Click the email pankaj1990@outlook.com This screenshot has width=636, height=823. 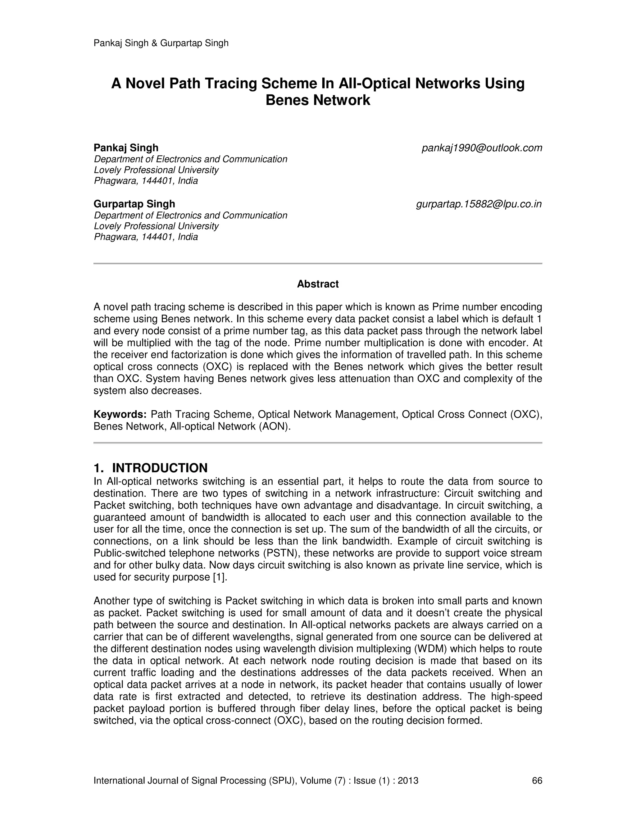pos(482,148)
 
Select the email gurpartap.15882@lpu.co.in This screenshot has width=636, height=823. pos(479,204)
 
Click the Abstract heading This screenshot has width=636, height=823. pos(318,284)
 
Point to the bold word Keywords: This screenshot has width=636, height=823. pos(120,415)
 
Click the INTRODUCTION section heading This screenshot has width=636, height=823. pos(160,468)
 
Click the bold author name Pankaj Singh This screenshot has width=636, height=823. pos(126,148)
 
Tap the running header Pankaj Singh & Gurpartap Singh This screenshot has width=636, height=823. pos(161,43)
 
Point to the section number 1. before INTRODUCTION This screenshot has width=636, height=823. pos(99,468)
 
